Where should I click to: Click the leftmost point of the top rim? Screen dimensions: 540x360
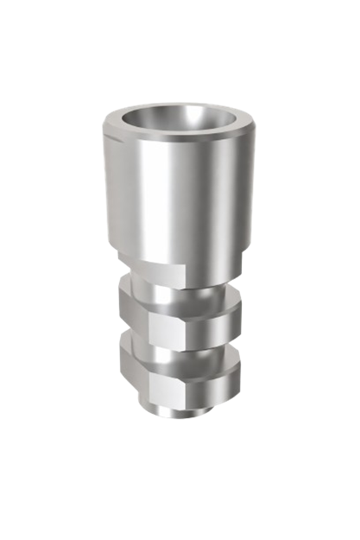coord(102,130)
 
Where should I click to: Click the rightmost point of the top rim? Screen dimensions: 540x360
coord(257,130)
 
